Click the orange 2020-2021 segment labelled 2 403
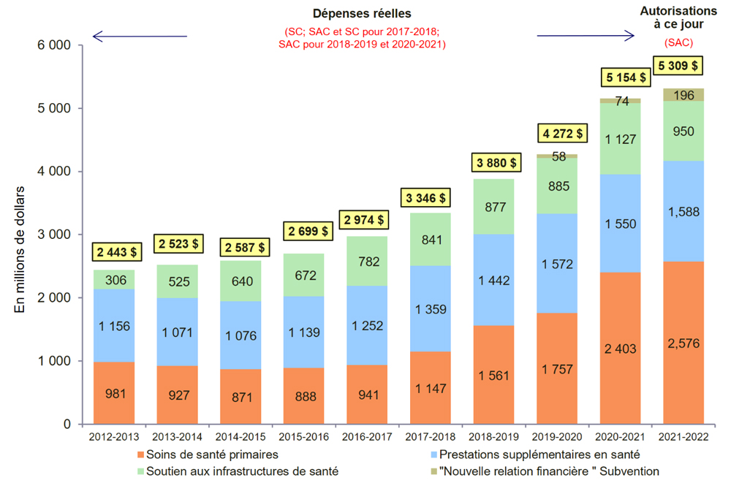pos(620,349)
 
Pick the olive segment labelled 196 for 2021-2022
pos(683,94)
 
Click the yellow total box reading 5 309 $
pos(678,66)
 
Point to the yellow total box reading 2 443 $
pos(115,252)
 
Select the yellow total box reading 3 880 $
pos(495,162)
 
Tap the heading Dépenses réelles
pos(362,13)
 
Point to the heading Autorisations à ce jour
pos(678,18)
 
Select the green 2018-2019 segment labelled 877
pos(495,207)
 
